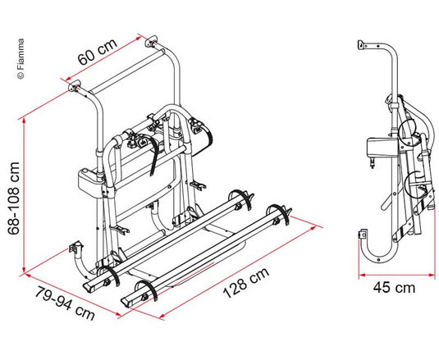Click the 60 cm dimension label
click(x=97, y=52)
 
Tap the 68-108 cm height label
click(x=14, y=198)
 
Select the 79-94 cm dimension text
click(x=65, y=303)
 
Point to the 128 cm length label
click(x=246, y=283)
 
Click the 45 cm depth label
click(x=394, y=288)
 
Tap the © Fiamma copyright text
click(x=21, y=59)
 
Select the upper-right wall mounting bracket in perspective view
click(x=151, y=41)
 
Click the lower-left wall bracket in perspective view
click(x=76, y=246)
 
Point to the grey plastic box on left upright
click(x=90, y=179)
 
